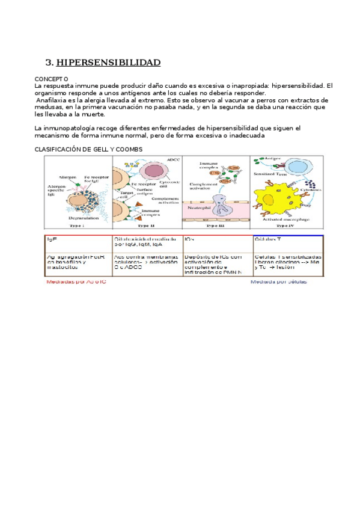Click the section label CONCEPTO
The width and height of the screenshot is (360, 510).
click(51, 79)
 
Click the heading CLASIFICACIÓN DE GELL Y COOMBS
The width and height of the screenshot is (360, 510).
click(88, 149)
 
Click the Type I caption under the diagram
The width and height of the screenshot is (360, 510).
click(76, 225)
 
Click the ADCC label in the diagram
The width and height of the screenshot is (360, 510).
click(173, 160)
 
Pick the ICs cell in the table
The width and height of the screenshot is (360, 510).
click(189, 239)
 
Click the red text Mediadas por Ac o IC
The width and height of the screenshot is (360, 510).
click(76, 281)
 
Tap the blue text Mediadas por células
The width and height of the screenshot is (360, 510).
click(279, 281)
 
